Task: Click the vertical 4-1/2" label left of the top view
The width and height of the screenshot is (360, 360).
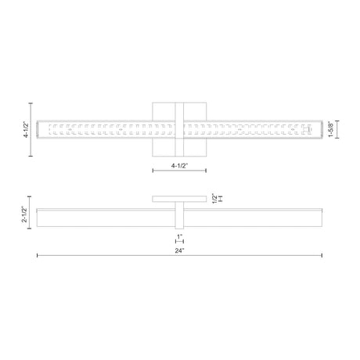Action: click(x=27, y=130)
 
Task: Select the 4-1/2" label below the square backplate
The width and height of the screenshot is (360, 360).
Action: click(x=179, y=166)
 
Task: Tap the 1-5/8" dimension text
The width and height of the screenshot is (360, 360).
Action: click(x=331, y=129)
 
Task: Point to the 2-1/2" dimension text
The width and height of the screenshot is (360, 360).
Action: click(x=24, y=214)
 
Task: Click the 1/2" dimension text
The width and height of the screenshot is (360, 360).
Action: click(x=214, y=199)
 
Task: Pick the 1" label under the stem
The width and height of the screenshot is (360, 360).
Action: click(x=180, y=236)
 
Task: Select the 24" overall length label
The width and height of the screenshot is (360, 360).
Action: click(x=179, y=250)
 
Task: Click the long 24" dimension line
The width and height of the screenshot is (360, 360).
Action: click(x=179, y=255)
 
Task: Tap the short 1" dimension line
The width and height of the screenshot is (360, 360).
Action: click(x=179, y=241)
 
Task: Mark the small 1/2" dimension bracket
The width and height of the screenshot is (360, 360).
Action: click(x=221, y=199)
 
